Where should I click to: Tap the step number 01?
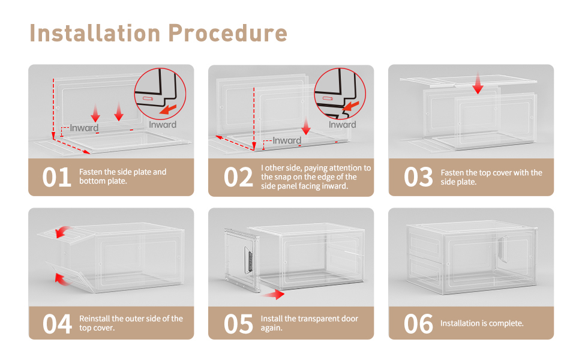point(58,178)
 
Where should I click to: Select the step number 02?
point(238,178)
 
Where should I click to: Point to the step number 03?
point(418,178)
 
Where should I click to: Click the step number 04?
point(58,324)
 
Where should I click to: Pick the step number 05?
point(238,324)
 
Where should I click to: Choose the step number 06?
point(418,324)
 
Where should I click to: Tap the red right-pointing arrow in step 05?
point(275,294)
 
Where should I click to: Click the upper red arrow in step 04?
point(62,231)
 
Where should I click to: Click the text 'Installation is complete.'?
point(482,323)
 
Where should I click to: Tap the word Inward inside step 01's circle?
point(163,125)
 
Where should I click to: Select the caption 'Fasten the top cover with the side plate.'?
point(491,177)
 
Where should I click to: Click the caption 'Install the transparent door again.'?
point(309,323)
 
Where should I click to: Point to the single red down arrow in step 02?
point(306,126)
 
